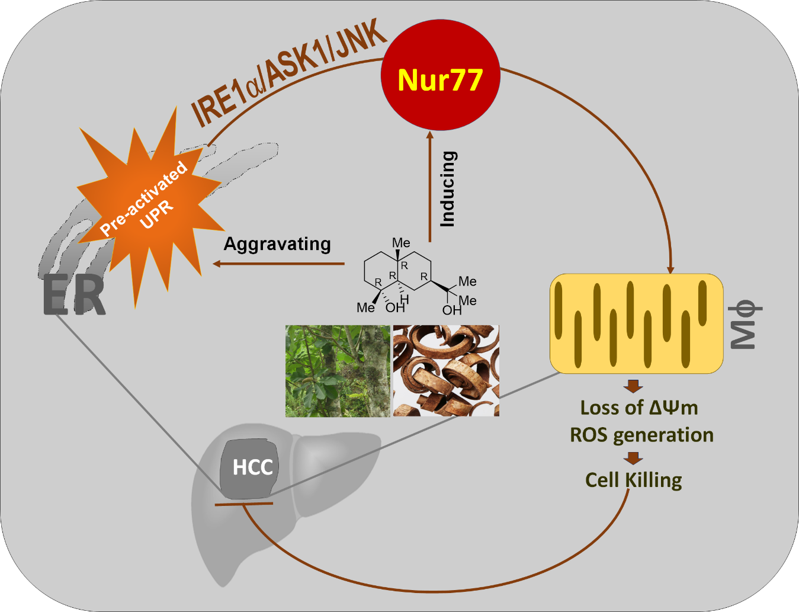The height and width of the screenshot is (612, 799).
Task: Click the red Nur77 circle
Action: (441, 78)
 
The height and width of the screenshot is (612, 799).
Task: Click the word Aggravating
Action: (277, 244)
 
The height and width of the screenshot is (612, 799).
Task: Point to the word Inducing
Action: (448, 189)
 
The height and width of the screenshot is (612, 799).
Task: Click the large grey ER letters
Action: (74, 295)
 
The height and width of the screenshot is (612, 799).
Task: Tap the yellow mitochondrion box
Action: (637, 323)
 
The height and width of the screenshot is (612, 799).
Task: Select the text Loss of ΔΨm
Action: (638, 408)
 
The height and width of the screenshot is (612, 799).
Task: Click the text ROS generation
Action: (641, 435)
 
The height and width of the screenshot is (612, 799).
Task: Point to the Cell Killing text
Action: (633, 480)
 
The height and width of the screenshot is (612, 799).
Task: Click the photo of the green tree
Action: (338, 370)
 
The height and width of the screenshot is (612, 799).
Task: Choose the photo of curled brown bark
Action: (446, 370)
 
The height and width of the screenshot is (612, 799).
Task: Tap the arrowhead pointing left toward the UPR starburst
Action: (217, 264)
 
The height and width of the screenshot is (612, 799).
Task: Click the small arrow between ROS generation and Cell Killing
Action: (633, 458)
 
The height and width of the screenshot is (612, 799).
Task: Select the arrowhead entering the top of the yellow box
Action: (670, 270)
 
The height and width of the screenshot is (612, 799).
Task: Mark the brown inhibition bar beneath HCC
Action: (243, 504)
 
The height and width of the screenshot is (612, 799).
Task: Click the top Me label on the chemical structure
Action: (401, 243)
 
